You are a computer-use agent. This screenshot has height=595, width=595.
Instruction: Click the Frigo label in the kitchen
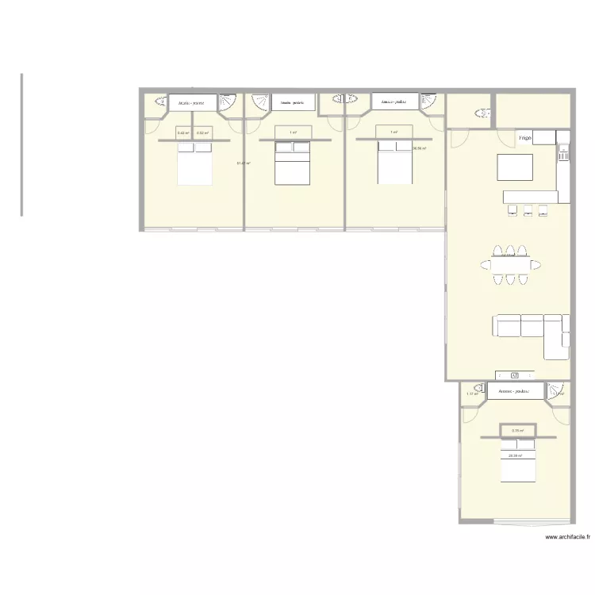[524, 138]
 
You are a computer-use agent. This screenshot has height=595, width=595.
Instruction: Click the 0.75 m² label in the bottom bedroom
[517, 431]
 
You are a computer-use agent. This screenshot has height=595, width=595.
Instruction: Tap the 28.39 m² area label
[516, 455]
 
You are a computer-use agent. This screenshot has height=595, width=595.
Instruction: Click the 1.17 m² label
[472, 393]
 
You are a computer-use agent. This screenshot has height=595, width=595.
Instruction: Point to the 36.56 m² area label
[420, 148]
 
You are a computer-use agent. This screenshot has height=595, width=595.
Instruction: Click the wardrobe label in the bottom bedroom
[514, 391]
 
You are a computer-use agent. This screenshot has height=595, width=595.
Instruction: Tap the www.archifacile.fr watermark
[569, 537]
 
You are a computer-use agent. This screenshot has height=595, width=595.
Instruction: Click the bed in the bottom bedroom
[518, 461]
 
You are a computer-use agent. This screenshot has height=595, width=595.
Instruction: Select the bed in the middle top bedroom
[292, 165]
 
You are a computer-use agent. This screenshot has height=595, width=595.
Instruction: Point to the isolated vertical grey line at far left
[21, 144]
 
